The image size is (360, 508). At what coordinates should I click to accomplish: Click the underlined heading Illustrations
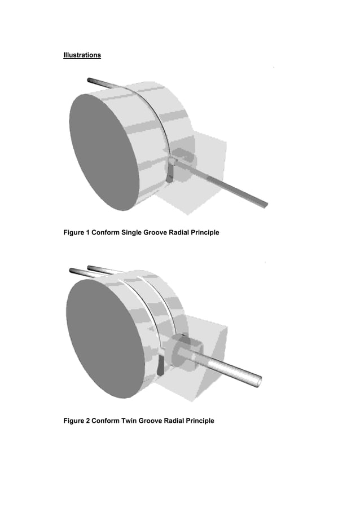[x=82, y=55]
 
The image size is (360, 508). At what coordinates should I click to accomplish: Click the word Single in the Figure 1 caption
[x=130, y=233]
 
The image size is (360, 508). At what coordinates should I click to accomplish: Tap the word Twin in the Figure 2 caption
[x=130, y=421]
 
